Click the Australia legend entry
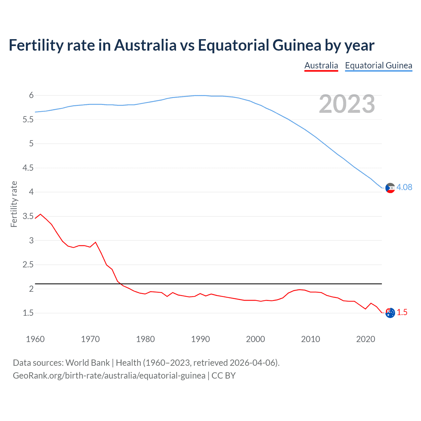tap(321, 66)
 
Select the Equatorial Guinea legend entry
tap(378, 66)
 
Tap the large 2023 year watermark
tap(347, 104)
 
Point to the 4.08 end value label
tap(404, 187)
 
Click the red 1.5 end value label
tap(402, 312)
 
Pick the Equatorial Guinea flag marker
tap(390, 188)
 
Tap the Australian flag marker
tap(390, 313)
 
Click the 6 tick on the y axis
tap(31, 95)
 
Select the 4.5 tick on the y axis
tap(28, 168)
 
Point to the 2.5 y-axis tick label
tap(28, 265)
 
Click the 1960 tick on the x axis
tap(35, 339)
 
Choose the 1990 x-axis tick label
tap(200, 339)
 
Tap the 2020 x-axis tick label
tap(365, 339)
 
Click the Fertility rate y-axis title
tap(14, 204)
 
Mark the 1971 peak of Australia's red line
tap(95, 242)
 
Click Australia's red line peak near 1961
tap(40, 214)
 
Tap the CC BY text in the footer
tap(224, 376)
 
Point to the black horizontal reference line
tap(210, 284)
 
